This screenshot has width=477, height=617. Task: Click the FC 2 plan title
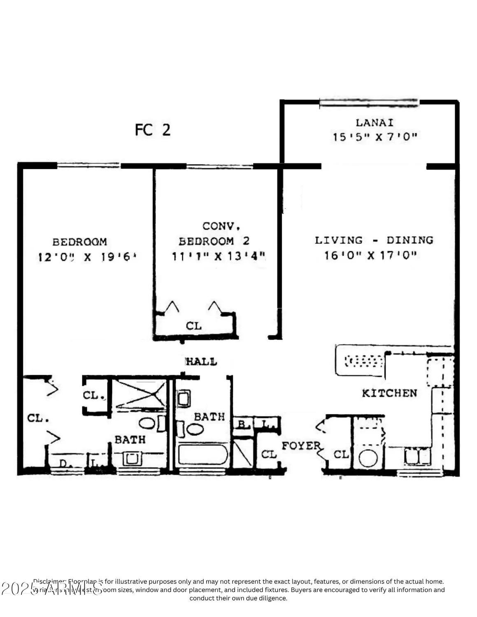coord(152,130)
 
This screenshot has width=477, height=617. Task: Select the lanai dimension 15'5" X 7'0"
coord(374,137)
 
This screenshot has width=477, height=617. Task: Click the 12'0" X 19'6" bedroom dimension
coord(87,257)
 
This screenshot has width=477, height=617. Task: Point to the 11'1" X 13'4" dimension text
coord(218,256)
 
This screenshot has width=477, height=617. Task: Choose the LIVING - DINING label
coord(374,240)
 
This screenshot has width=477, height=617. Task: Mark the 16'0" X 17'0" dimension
coord(370,255)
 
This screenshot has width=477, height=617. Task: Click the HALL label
coord(201,362)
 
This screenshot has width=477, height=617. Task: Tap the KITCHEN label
coord(389,393)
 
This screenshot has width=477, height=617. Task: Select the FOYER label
coord(301,445)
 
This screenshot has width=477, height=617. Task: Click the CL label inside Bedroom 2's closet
coord(193,326)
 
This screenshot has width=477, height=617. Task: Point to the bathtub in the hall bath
coord(202,455)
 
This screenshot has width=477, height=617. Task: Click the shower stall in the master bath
coord(140,394)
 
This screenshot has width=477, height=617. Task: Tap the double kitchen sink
coord(417,456)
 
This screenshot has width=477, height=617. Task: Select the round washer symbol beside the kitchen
coord(368,458)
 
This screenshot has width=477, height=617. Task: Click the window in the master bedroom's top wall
coord(88,165)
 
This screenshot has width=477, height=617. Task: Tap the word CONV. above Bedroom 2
coord(221,226)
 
